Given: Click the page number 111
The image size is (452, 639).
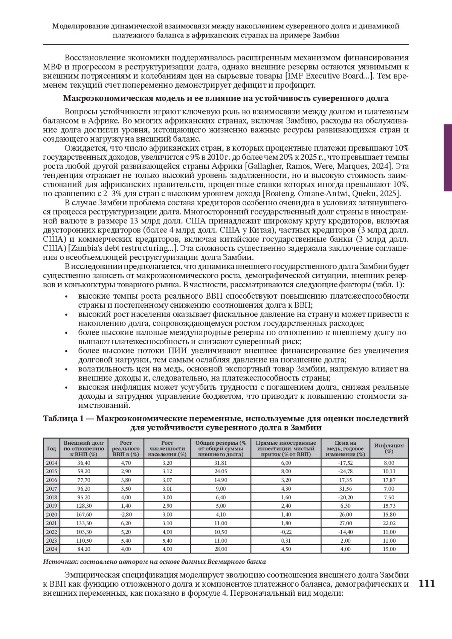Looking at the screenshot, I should (427, 584).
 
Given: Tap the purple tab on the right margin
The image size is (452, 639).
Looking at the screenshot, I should (447, 158).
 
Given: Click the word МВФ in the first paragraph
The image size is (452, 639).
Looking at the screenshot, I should (52, 67).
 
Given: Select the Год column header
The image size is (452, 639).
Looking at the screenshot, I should (51, 448).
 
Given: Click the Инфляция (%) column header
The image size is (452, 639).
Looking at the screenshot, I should (389, 448).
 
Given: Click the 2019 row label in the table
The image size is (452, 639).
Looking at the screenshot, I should (51, 506).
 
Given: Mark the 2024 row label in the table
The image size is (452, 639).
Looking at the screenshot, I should (51, 549).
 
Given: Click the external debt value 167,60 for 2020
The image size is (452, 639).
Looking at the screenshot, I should (84, 514).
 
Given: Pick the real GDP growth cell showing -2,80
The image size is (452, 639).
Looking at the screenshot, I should (126, 514).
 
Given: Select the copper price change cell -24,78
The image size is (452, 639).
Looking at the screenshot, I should (345, 471).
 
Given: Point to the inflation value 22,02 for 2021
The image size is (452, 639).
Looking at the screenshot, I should (389, 523).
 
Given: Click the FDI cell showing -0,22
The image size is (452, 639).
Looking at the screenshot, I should (286, 532).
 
